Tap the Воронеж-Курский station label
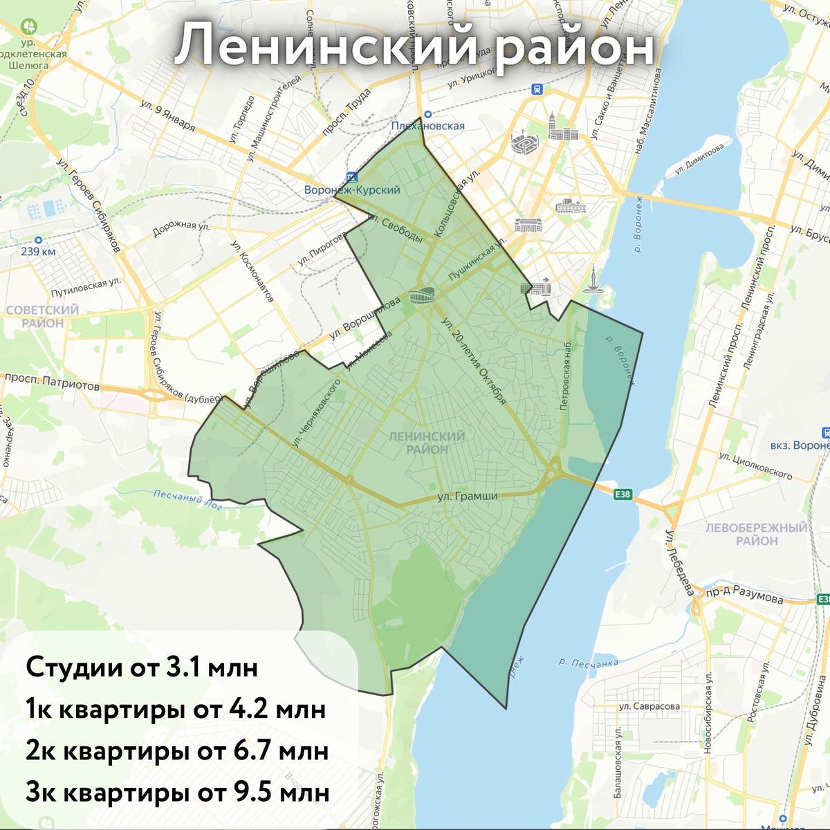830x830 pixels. click(352, 190)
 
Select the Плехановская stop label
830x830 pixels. click(427, 126)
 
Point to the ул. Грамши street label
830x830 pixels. click(468, 496)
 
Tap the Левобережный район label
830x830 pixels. click(756, 534)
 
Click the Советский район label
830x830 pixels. click(43, 317)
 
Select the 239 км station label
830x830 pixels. click(38, 251)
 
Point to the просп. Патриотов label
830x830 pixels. click(52, 382)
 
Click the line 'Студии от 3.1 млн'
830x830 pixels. click(142, 667)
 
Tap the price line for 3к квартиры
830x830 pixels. click(177, 792)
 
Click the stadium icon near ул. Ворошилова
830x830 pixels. click(423, 297)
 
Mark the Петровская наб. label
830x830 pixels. click(566, 376)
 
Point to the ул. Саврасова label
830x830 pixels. click(649, 707)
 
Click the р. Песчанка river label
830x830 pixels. click(588, 663)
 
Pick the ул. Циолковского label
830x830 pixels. click(755, 465)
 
